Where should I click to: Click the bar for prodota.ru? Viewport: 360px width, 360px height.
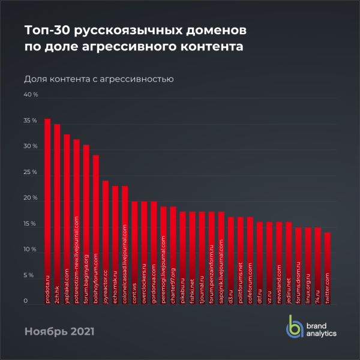(47, 210)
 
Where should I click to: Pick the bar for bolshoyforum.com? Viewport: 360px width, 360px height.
(95, 228)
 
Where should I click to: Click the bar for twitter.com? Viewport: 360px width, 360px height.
(327, 267)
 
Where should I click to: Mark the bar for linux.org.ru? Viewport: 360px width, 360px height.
(308, 265)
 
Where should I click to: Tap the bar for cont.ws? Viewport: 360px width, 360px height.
(134, 252)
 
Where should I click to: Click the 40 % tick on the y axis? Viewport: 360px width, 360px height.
(31, 95)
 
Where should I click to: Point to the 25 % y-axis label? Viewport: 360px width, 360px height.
(31, 172)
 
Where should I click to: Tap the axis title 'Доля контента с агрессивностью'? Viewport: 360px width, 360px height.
(98, 79)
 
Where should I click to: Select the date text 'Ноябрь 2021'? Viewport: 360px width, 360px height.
(59, 331)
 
